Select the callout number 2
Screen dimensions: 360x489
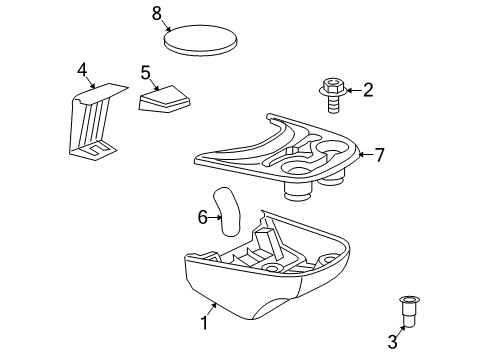(x=367, y=91)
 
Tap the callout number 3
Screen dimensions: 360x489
(x=392, y=342)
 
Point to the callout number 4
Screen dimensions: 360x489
(x=83, y=70)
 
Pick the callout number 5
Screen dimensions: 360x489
(x=145, y=72)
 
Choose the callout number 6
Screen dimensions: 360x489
(x=203, y=215)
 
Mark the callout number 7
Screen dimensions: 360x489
(x=379, y=154)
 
